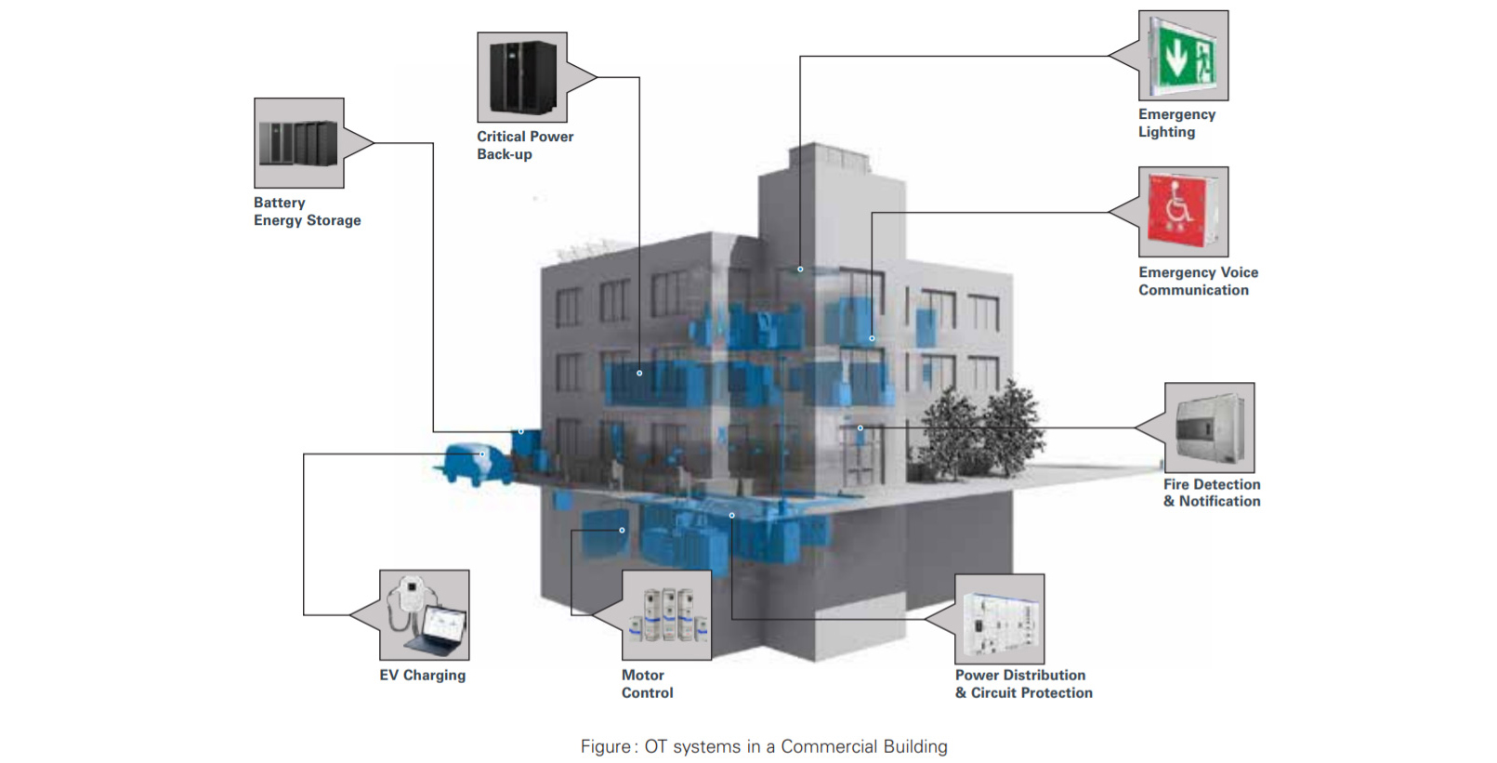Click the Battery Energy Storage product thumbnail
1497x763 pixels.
(x=298, y=143)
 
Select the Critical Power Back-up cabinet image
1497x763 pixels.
(x=522, y=77)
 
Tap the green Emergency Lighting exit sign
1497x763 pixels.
(x=1183, y=56)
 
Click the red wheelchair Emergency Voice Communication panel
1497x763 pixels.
(x=1183, y=212)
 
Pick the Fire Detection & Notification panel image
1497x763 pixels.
(x=1209, y=428)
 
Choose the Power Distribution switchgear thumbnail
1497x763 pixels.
(x=999, y=618)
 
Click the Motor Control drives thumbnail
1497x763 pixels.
(x=666, y=615)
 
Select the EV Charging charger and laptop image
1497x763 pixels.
(x=424, y=615)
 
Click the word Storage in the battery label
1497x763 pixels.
(x=334, y=220)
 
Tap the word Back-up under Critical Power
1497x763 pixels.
(x=505, y=154)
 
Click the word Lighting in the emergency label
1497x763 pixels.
(x=1166, y=132)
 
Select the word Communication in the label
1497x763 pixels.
(x=1193, y=290)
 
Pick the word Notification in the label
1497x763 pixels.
(x=1219, y=501)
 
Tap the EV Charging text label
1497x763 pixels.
(x=422, y=675)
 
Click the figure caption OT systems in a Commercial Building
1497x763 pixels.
(x=764, y=746)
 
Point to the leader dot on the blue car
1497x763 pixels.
(x=482, y=454)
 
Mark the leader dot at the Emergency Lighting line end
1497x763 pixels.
(x=800, y=270)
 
